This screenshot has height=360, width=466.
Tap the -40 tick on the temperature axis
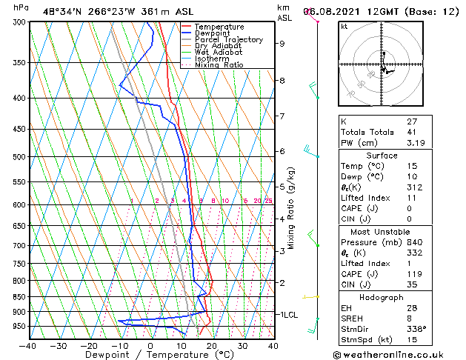[27, 345]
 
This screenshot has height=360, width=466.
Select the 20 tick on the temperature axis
[211, 345]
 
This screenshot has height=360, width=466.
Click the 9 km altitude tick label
[282, 44]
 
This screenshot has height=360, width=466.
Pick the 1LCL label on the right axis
[288, 315]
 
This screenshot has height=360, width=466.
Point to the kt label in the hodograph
[344, 27]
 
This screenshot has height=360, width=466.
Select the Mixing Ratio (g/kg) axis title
[291, 207]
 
